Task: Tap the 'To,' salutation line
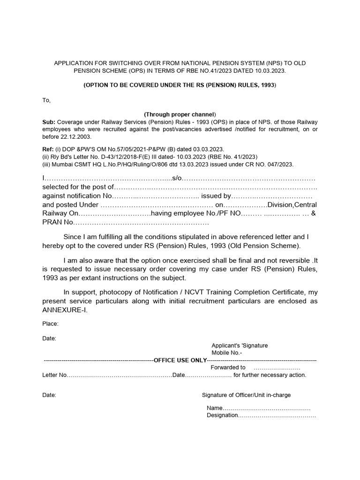(46, 100)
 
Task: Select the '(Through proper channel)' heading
(180, 114)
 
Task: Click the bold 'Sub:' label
(49, 121)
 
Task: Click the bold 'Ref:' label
(48, 149)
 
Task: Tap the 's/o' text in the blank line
(177, 179)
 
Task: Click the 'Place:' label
(50, 323)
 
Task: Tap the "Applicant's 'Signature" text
(240, 345)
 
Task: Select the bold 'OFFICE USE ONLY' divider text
(180, 360)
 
